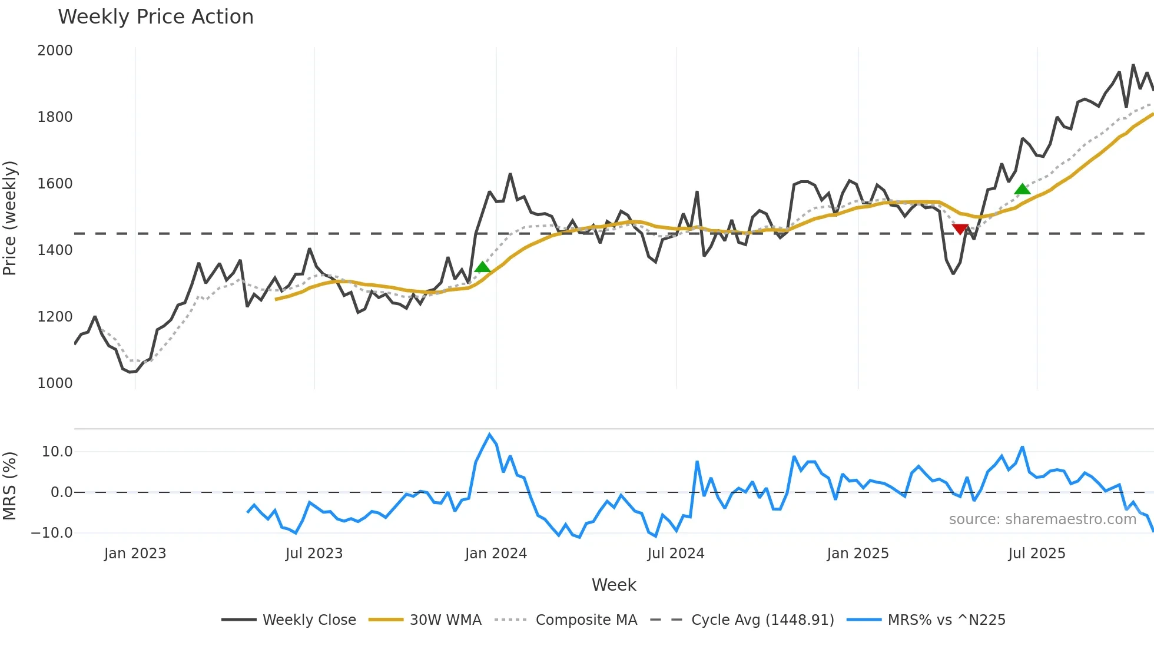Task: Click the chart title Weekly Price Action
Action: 155,17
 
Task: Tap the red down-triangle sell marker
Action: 960,229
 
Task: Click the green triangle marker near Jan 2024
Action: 482,267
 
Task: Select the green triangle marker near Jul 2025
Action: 1022,189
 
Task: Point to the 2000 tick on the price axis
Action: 55,51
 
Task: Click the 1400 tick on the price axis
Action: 55,250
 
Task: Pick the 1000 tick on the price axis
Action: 55,383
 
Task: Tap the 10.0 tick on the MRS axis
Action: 57,452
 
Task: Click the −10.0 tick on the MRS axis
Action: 52,533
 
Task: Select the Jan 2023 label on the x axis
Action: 135,554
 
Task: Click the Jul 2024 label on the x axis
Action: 675,554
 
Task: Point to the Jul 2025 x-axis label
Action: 1036,554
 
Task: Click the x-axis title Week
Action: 614,585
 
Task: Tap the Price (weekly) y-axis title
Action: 10,218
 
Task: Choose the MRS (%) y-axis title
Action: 10,486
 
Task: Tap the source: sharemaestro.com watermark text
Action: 1042,519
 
